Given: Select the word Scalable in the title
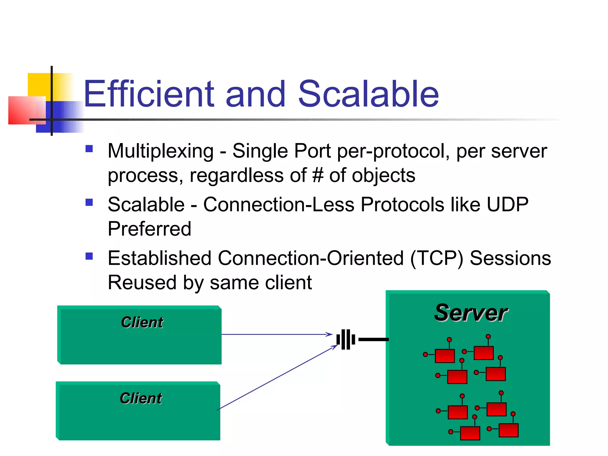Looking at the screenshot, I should point(368,94).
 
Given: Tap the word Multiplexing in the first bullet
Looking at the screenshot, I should point(161,151).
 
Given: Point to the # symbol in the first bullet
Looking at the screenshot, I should point(318,175).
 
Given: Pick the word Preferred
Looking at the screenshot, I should point(149,229).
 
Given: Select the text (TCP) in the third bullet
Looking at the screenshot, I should point(436,258).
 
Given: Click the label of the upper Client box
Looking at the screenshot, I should point(142,322).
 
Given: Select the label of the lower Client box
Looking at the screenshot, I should point(141,398).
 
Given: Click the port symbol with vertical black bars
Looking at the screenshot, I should point(346,339).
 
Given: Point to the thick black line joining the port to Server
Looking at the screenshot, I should point(373,339).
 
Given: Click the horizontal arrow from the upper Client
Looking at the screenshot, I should point(276,335).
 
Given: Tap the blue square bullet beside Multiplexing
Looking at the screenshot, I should point(89,148).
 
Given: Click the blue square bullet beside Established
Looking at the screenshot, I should point(89,256).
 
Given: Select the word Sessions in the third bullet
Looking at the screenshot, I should point(510,258).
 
